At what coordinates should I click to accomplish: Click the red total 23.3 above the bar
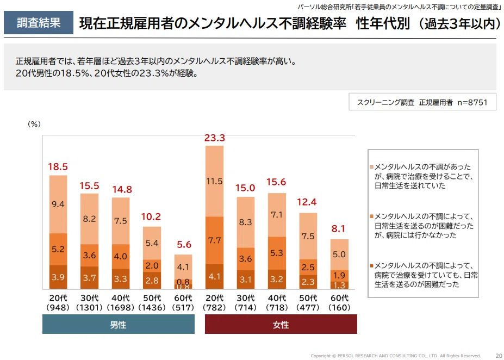pos(215,138)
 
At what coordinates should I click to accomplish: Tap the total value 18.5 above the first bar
pos(58,167)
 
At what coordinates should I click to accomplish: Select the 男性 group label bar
pos(119,325)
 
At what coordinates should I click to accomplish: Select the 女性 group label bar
pos(281,325)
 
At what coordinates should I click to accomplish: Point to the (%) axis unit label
pos(34,124)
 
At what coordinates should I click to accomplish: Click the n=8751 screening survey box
pos(422,102)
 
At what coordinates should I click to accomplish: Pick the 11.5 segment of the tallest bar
pos(215,181)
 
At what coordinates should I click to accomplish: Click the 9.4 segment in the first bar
pos(58,204)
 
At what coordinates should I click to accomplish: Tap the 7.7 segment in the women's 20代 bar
pos(215,240)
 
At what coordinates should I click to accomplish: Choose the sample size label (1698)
pos(121,308)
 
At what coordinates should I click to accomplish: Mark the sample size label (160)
pos(340,308)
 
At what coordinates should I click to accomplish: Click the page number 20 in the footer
pos(499,356)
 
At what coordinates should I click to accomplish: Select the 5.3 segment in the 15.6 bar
pos(277,253)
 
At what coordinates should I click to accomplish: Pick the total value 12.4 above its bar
pos(308,203)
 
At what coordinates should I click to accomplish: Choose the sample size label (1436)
pos(152,308)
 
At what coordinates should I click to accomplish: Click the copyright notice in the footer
pos(395,356)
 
